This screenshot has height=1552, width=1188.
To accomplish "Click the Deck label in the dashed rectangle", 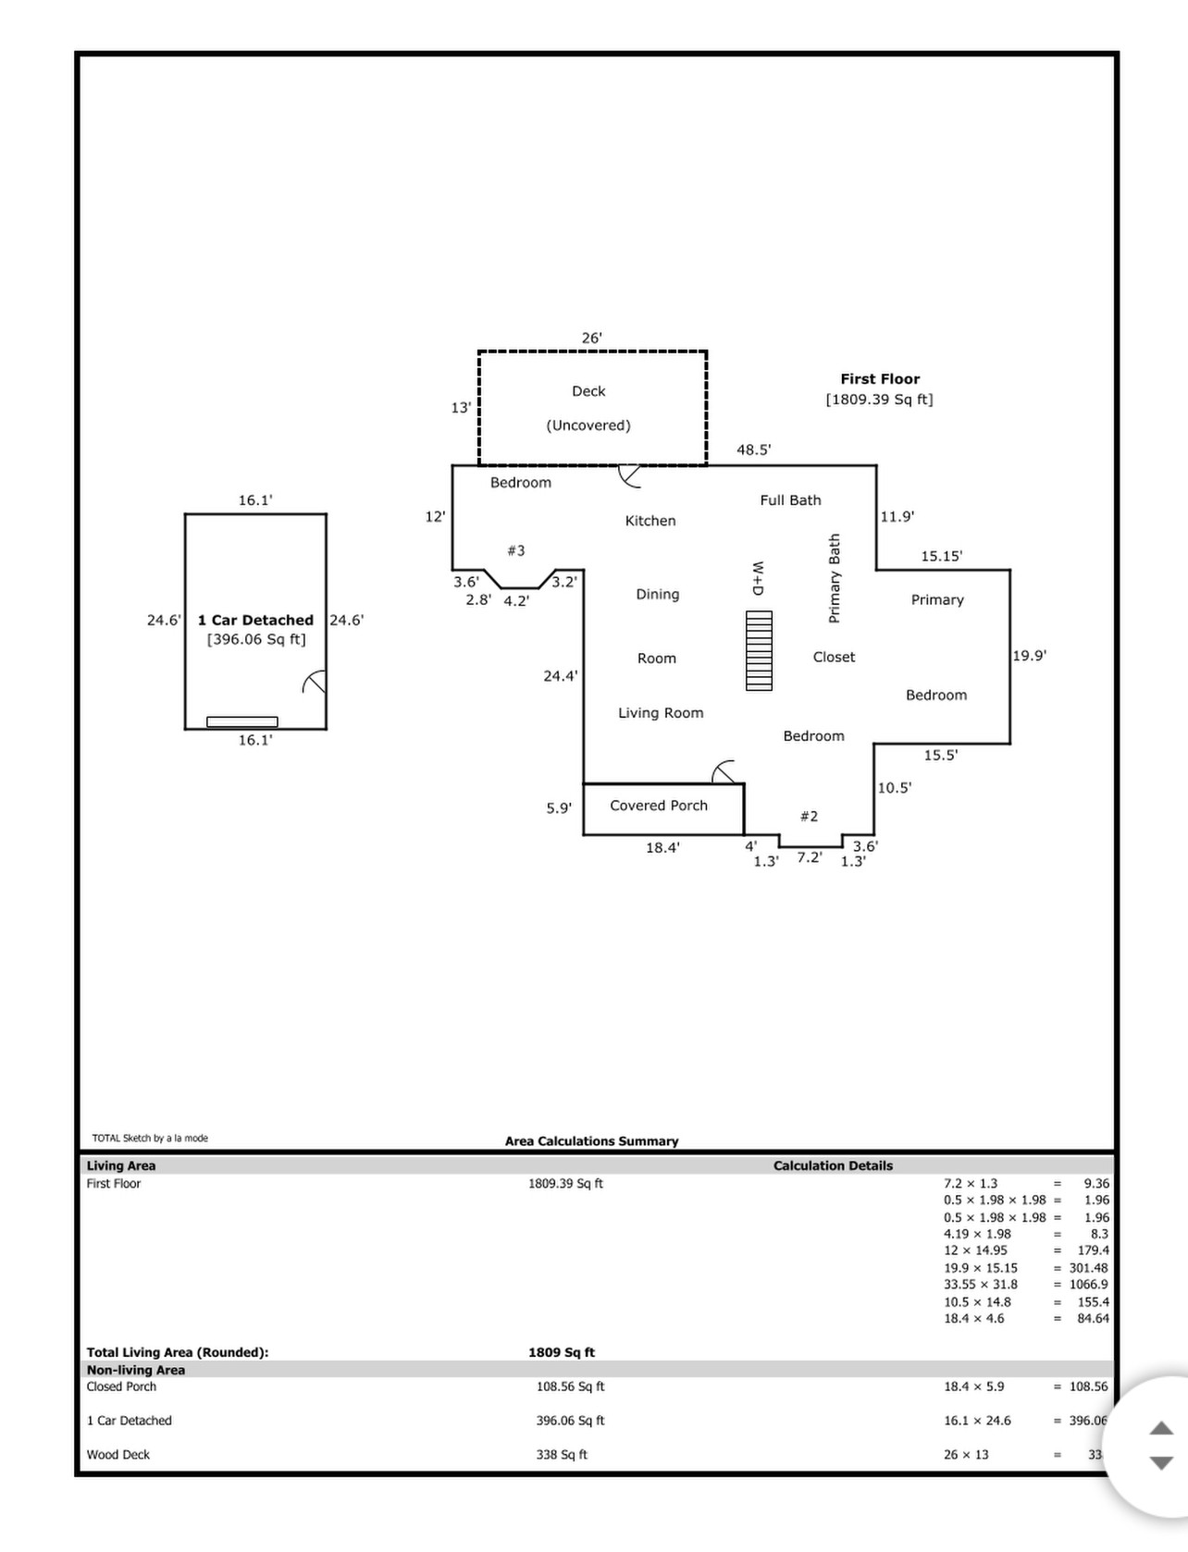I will coord(588,391).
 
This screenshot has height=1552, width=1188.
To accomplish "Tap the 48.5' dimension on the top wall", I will coord(753,450).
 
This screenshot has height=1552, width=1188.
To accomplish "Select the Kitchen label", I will coord(650,521).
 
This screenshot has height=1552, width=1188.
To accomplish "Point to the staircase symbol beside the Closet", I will coord(759,650).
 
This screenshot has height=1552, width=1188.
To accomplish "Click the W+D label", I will coord(758,577).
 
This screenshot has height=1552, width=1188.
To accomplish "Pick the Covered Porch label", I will coord(659,806).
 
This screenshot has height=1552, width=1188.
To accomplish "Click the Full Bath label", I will coord(790,500).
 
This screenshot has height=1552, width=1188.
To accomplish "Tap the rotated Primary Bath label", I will coord(835,578).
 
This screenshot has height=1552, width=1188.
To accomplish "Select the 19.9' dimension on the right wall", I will coord(1029,656).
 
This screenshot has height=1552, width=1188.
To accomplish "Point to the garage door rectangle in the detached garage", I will coord(241,721).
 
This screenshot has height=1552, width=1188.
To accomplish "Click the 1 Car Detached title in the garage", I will coord(255,621).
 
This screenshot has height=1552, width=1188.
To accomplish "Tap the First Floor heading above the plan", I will coord(880,379).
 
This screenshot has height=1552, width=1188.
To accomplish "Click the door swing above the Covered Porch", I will coord(724,771).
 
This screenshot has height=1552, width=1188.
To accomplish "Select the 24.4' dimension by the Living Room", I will coord(561,676).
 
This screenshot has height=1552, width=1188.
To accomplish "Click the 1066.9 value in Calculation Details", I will coord(1088,1285).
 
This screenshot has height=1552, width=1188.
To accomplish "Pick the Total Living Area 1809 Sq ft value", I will coord(562,1352).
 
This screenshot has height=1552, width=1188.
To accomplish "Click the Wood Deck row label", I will coord(118,1455).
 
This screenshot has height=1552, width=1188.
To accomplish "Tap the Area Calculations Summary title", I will coord(591,1141).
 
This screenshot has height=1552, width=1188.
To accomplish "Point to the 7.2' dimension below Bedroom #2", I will coord(810,857).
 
